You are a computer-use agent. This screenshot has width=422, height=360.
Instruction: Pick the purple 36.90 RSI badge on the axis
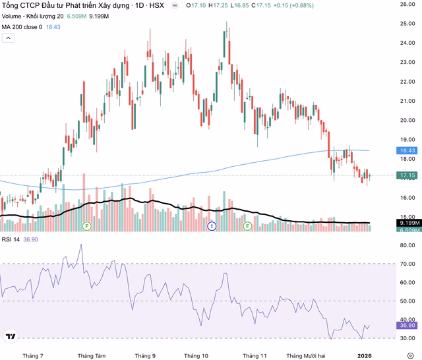click(407, 325)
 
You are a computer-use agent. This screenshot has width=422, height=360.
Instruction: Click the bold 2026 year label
click(365, 355)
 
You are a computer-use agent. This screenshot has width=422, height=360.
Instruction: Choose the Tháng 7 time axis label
click(32, 355)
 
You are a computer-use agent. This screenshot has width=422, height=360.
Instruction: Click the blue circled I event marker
click(212, 226)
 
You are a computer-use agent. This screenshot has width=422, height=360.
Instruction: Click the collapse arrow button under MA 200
click(8, 38)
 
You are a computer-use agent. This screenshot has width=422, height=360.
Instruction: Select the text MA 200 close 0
click(22, 26)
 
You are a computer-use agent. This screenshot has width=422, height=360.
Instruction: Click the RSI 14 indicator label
click(11, 239)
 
